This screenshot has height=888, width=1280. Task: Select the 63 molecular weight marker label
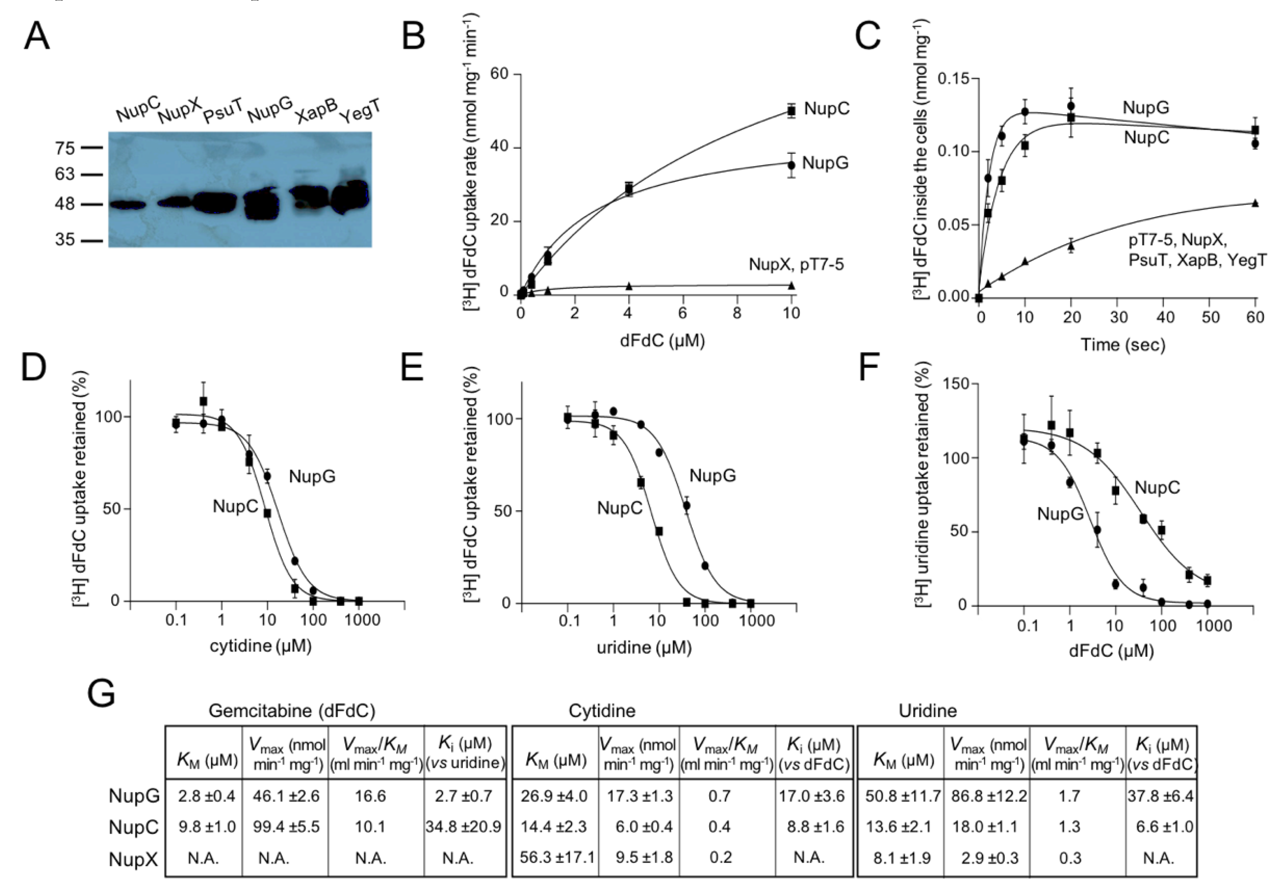coord(64,174)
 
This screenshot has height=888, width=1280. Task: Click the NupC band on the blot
coord(127,205)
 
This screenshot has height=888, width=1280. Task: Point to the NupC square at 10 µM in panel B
coord(791,111)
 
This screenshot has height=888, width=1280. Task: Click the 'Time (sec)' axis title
coord(1123,345)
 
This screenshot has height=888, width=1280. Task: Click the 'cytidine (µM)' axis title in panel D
coord(260,646)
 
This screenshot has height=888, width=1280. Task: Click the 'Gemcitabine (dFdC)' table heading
coord(292,711)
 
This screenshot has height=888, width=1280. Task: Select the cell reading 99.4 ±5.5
coord(285,827)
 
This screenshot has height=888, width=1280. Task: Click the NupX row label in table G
coord(133,859)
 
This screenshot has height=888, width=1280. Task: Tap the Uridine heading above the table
coord(927,711)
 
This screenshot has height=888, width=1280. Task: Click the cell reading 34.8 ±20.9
coord(463,827)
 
